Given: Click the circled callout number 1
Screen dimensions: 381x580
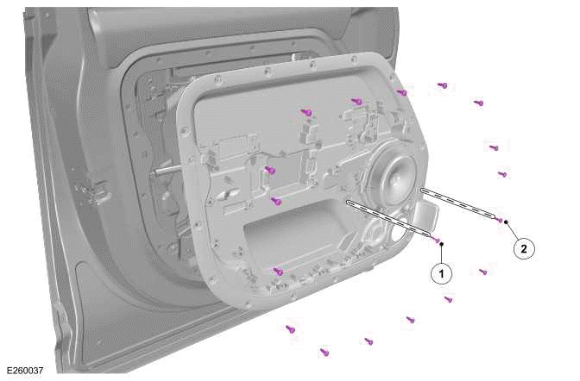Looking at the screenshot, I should click(442, 274).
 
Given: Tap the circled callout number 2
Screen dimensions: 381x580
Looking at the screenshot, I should click(522, 249).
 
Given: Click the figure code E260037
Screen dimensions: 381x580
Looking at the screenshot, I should click(23, 371).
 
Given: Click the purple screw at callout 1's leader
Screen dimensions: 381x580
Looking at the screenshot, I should click(437, 239).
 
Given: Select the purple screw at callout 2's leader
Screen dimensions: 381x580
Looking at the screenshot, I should click(501, 220).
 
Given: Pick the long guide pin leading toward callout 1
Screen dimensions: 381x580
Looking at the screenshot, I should click(390, 219).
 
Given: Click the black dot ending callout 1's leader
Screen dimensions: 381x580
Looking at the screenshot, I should click(441, 244).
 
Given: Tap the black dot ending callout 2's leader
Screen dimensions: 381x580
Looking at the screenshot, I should click(507, 222).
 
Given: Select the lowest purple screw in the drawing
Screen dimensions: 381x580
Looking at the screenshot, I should click(325, 352).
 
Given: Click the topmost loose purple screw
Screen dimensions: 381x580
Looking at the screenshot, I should click(442, 85).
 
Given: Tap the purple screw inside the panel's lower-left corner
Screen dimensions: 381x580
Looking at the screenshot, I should click(278, 271).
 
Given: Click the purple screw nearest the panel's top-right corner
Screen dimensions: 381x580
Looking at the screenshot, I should click(402, 92).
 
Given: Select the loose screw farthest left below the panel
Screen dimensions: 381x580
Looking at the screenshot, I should click(291, 328).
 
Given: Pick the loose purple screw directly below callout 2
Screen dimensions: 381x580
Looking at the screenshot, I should click(483, 272).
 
